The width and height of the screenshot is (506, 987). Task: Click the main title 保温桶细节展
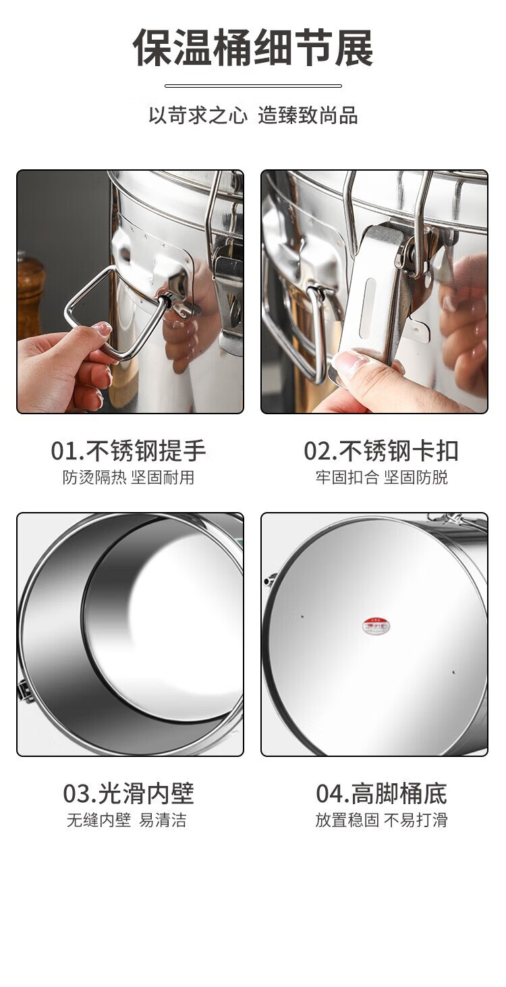tap(253, 47)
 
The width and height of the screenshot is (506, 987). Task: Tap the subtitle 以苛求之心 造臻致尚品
tap(253, 115)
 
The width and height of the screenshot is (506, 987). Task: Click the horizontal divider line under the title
tap(254, 86)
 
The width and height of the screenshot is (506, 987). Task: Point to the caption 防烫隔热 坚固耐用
tap(128, 477)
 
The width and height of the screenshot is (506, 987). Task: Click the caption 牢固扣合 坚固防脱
tap(381, 477)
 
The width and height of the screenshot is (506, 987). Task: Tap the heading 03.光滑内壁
tap(128, 793)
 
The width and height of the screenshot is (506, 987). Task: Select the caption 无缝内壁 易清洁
tap(127, 820)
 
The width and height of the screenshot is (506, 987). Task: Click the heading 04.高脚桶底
tap(381, 793)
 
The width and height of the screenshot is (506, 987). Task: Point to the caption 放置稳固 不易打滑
tap(381, 820)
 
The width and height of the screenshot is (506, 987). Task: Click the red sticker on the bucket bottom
tap(377, 626)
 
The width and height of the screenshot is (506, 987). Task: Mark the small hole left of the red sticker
tap(302, 616)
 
